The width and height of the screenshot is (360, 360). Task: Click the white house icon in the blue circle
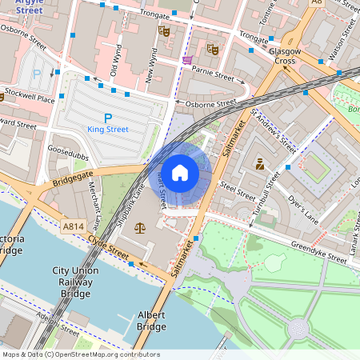(180, 172)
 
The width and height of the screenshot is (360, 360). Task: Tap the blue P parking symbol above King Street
(108, 117)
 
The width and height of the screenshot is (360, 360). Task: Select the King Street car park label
(108, 129)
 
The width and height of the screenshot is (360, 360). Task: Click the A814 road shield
(73, 226)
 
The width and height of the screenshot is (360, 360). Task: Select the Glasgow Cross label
(284, 56)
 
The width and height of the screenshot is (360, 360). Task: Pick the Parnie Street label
(213, 74)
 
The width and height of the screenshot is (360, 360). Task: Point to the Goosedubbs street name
(66, 149)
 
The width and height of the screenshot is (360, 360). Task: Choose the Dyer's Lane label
(302, 210)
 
